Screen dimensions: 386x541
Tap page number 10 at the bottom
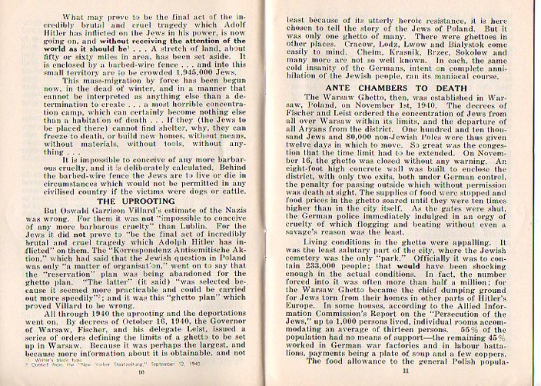[141, 371]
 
